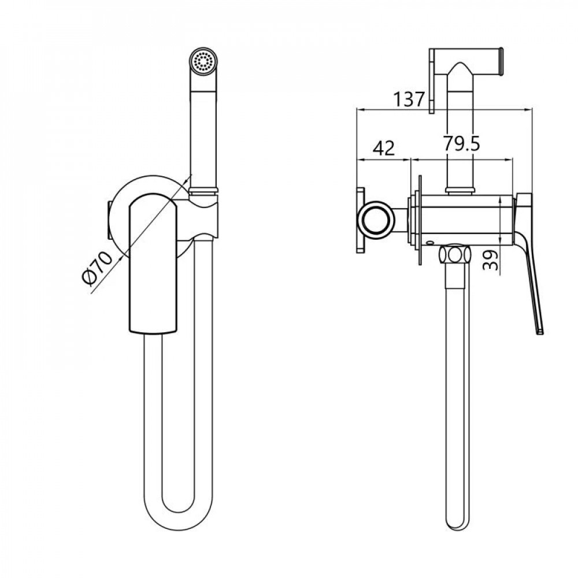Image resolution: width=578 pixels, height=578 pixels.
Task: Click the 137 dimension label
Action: pyautogui.click(x=409, y=99)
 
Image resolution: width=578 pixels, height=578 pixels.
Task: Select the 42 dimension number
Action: pyautogui.click(x=384, y=148)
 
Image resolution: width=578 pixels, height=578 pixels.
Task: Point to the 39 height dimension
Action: pyautogui.click(x=490, y=260)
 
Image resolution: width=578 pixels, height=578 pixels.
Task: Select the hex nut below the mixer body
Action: pyautogui.click(x=455, y=255)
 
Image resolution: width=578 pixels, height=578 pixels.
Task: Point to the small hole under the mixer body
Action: pyautogui.click(x=429, y=243)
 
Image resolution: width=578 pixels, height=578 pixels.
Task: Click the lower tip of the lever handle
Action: pyautogui.click(x=540, y=332)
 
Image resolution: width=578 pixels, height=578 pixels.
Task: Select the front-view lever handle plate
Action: pyautogui.click(x=153, y=263)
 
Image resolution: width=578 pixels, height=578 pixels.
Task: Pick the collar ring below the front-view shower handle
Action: pyautogui.click(x=204, y=191)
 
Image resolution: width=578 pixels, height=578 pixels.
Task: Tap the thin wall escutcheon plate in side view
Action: pyautogui.click(x=420, y=219)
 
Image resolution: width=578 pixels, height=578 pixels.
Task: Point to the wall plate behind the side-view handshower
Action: pyautogui.click(x=431, y=81)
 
